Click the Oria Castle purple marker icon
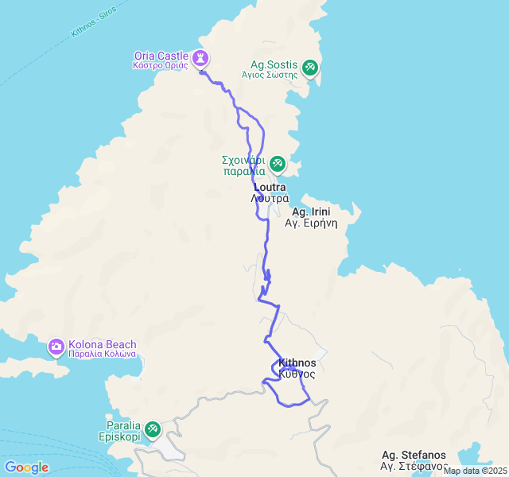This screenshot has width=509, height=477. pos(200,58)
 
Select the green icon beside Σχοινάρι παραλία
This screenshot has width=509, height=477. pos(277,165)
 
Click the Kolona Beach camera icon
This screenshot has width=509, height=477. pos(56,347)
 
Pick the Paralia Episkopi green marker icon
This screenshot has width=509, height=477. pos(153,430)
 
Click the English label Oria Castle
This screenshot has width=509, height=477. pos(161,56)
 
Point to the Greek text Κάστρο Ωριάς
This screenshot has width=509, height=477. pos(161,65)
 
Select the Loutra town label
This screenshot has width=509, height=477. pos(270,188)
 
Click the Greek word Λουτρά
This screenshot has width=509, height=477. pos(270,198)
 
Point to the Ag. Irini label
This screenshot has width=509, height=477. pos(311,211)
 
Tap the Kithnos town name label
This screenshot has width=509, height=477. pos(297,363)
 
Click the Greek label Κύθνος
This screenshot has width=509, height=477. pos(297,373)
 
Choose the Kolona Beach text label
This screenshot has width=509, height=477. pos(103,344)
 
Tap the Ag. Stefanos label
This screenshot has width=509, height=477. pos(414,456)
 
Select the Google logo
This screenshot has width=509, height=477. pos(26,467)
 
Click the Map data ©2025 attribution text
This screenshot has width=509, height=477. pos(474,471)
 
